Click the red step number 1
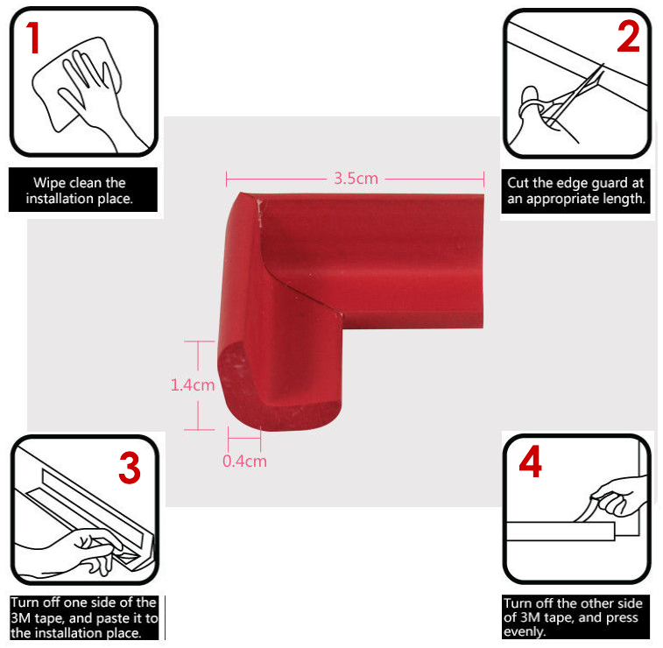tap(33, 38)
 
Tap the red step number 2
tap(628, 37)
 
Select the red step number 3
tap(130, 468)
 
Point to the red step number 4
tap(530, 461)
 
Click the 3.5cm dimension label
tap(356, 179)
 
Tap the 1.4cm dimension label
tap(193, 385)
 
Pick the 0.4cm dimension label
tap(244, 461)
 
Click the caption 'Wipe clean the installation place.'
tap(80, 190)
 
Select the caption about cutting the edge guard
tap(575, 191)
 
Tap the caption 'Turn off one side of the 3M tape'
tap(84, 617)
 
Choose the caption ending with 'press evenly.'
tap(573, 617)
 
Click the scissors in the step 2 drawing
tap(571, 98)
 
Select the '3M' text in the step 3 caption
tap(20, 618)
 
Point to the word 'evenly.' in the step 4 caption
tap(525, 632)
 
